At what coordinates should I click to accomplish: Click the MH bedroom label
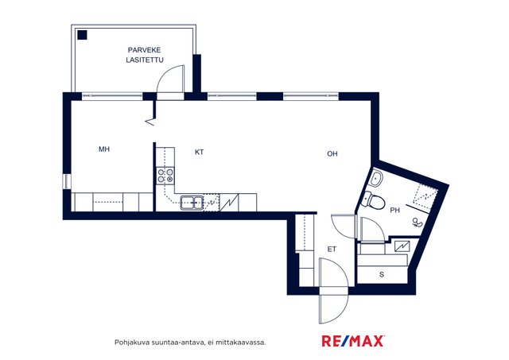pyautogui.click(x=104, y=149)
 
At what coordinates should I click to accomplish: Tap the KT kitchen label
pyautogui.click(x=200, y=152)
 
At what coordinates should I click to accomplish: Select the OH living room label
pyautogui.click(x=332, y=153)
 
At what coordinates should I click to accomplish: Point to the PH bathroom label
pyautogui.click(x=394, y=211)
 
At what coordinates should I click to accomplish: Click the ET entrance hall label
pyautogui.click(x=332, y=249)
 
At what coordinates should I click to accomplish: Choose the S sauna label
pyautogui.click(x=382, y=274)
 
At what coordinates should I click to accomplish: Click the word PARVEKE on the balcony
pyautogui.click(x=144, y=50)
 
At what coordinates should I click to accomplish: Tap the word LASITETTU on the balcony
pyautogui.click(x=145, y=60)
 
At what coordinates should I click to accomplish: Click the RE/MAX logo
pyautogui.click(x=353, y=341)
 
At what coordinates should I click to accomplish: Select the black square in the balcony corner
pyautogui.click(x=83, y=35)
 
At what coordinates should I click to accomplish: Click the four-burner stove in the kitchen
pyautogui.click(x=165, y=176)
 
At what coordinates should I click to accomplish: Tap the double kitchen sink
pyautogui.click(x=192, y=203)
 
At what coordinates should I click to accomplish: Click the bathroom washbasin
pyautogui.click(x=376, y=179)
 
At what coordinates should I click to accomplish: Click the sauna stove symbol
pyautogui.click(x=402, y=246)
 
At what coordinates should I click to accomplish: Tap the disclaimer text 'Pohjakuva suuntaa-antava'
pyautogui.click(x=159, y=343)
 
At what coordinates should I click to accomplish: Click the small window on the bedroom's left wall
pyautogui.click(x=67, y=181)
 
